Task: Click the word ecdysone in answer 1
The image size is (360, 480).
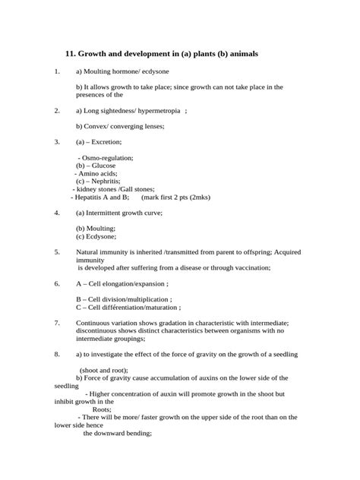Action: point(147,71)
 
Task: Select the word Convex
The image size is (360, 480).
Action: point(95,126)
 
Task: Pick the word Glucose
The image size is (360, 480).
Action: point(103,166)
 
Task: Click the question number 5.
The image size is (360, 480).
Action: point(56,251)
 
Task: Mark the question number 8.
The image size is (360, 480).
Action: point(56,354)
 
